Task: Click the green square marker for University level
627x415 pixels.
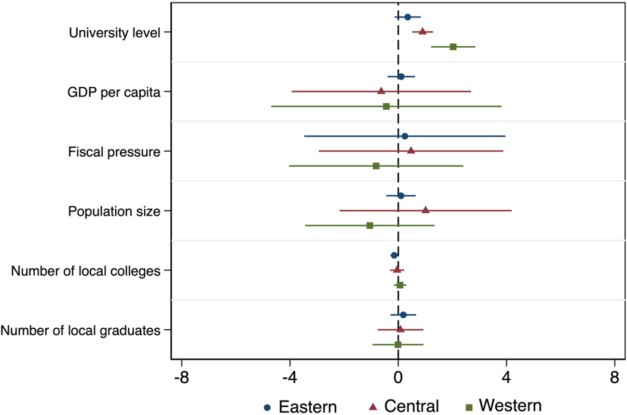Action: point(453,47)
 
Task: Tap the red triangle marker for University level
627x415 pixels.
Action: point(423,31)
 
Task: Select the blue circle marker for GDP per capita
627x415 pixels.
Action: point(401,77)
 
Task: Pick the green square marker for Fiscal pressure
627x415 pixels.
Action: point(376,166)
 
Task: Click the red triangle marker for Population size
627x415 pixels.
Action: point(425,210)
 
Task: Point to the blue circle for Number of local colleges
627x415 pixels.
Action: point(394,255)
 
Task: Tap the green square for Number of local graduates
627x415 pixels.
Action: point(398,345)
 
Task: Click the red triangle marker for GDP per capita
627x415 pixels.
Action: point(382,91)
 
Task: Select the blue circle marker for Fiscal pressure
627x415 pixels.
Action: point(405,136)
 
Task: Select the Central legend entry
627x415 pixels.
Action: point(404,406)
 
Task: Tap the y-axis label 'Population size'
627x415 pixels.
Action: point(114,211)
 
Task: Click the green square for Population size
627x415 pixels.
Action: point(370,226)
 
